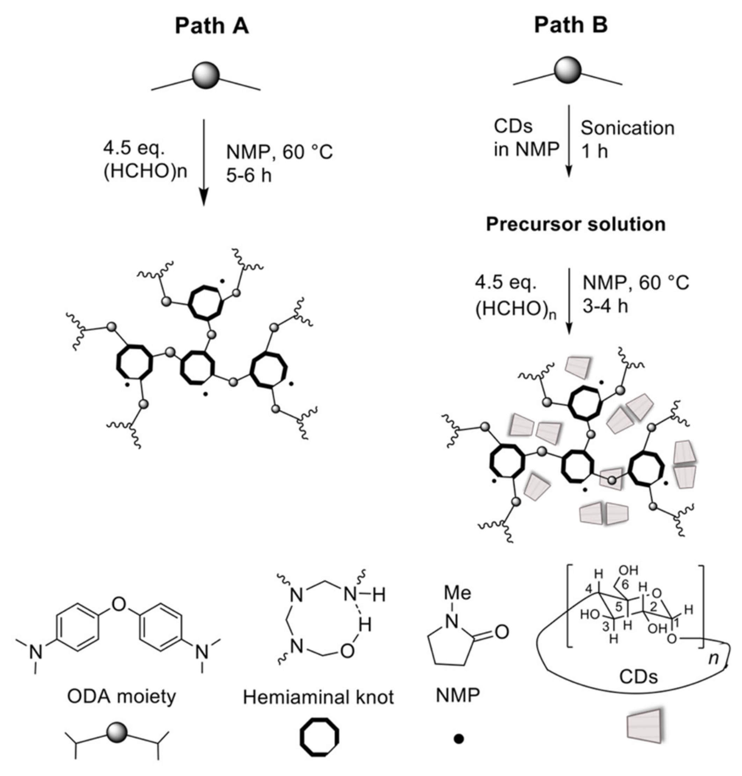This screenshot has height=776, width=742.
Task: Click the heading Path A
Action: pyautogui.click(x=212, y=27)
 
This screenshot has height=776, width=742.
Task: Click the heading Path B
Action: pyautogui.click(x=571, y=25)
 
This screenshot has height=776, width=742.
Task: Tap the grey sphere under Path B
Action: pyautogui.click(x=568, y=71)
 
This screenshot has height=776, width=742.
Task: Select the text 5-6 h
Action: pyautogui.click(x=249, y=175)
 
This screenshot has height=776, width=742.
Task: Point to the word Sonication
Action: pyautogui.click(x=627, y=128)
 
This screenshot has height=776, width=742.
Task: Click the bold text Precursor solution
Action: pyautogui.click(x=575, y=224)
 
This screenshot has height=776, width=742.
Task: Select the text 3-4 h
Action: pyautogui.click(x=605, y=306)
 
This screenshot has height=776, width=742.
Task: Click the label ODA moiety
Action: pyautogui.click(x=122, y=696)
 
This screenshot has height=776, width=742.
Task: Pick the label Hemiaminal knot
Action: pyautogui.click(x=318, y=697)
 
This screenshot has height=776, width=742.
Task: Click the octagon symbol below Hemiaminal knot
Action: pyautogui.click(x=319, y=737)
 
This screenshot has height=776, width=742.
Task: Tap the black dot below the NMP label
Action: pyautogui.click(x=458, y=738)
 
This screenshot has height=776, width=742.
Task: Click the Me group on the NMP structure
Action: pyautogui.click(x=458, y=592)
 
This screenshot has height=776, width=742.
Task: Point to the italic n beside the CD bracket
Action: pyautogui.click(x=713, y=659)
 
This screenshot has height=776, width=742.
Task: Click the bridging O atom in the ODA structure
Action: pyautogui.click(x=119, y=604)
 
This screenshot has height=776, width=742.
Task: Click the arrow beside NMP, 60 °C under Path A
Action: pyautogui.click(x=204, y=162)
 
